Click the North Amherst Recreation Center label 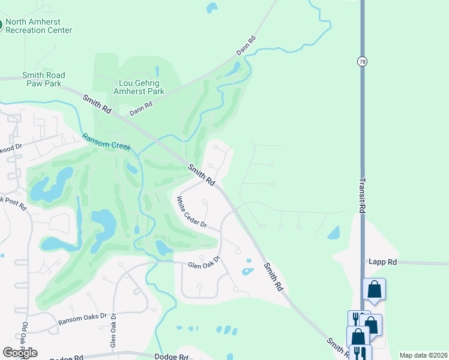(40, 26)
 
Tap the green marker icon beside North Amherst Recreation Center (2, 26)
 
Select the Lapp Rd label (384, 262)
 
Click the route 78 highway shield (362, 61)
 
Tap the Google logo (20, 353)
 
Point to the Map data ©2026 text (424, 355)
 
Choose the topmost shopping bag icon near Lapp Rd (374, 290)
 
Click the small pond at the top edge (211, 8)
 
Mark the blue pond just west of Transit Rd (334, 232)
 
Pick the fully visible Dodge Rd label (172, 356)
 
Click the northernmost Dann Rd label (246, 46)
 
